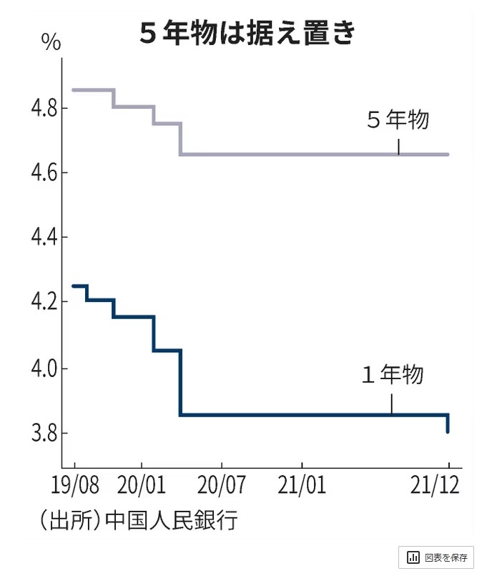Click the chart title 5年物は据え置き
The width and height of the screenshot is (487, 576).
point(247,34)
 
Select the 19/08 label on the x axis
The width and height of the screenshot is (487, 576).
point(75,487)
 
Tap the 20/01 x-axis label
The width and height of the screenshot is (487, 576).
point(142,487)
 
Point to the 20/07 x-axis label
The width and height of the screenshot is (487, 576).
point(222,487)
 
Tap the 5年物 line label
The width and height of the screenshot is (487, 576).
point(398,120)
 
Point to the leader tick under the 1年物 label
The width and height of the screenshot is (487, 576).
point(391,404)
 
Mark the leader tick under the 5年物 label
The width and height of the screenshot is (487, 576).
point(398,146)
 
